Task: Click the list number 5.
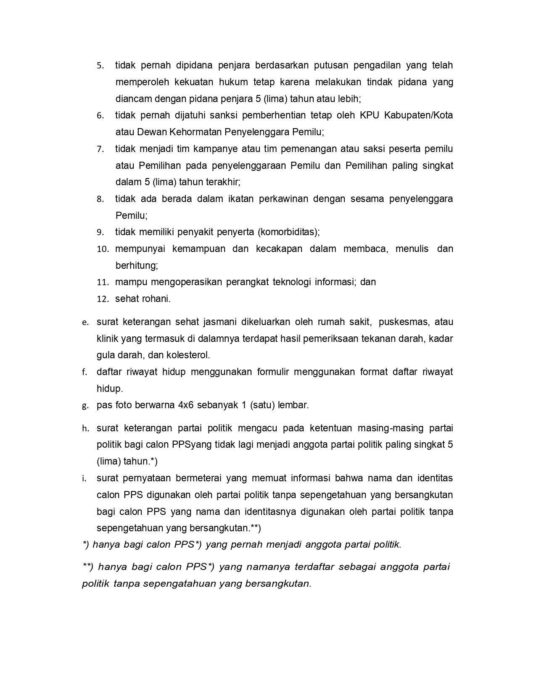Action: click(100, 66)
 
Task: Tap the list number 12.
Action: click(103, 299)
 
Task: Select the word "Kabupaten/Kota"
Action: click(418, 115)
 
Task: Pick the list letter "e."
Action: click(85, 323)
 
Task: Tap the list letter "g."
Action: click(85, 406)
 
